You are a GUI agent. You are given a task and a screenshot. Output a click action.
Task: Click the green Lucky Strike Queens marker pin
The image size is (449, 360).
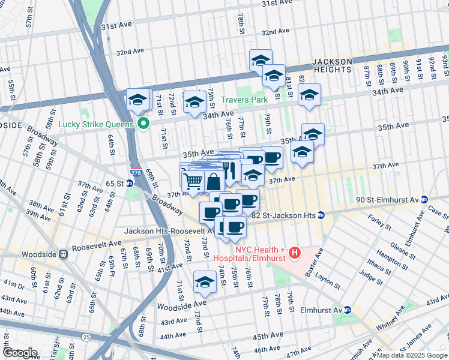point(143,124)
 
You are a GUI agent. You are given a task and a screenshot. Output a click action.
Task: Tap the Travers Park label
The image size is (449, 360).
point(245,100)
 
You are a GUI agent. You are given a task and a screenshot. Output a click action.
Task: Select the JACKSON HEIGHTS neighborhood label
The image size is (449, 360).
point(332,65)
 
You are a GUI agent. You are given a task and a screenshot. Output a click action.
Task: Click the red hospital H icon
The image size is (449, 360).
point(295,254)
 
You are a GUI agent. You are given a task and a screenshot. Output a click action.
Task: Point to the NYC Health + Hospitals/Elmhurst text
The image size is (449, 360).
point(252,254)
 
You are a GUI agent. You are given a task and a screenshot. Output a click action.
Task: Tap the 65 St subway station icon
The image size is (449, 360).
point(130,183)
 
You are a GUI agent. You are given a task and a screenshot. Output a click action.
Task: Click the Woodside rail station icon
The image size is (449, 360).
point(62,254)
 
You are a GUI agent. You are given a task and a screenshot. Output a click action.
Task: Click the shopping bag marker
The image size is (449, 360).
point(214,181)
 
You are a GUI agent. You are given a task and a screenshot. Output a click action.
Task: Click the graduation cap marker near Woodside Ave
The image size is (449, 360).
point(205,282)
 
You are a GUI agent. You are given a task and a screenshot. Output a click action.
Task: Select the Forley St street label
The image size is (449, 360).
point(379,227)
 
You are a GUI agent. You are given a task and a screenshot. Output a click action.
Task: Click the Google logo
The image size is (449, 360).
point(20,353)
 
